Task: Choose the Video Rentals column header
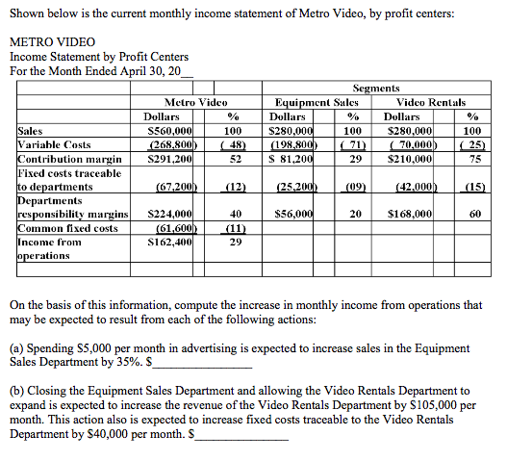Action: (430, 101)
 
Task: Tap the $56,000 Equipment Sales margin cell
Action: (292, 214)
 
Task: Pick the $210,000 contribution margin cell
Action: (413, 158)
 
